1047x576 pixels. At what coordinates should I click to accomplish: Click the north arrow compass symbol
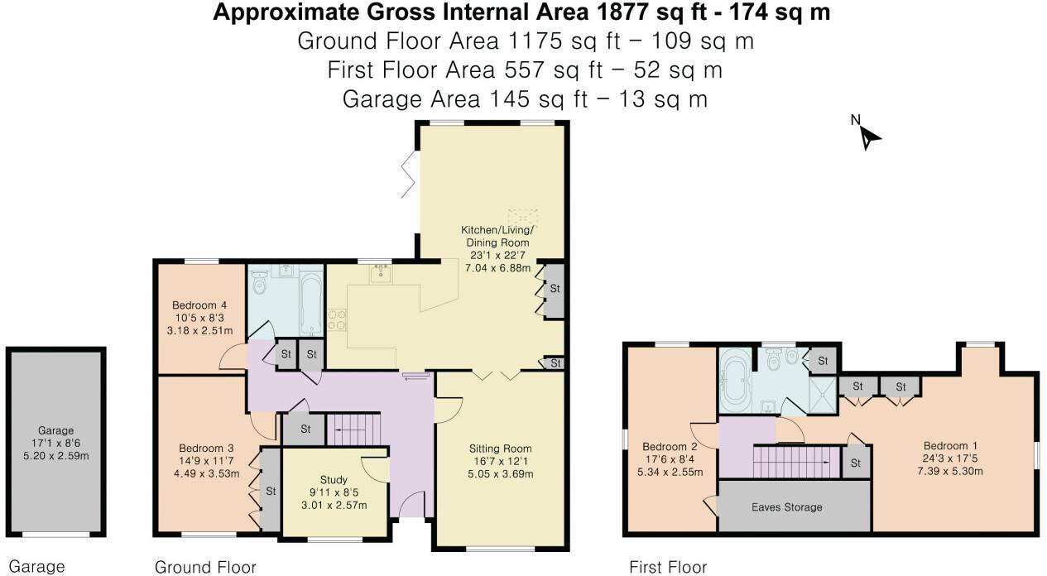(867, 136)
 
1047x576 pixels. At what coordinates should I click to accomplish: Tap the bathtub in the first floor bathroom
(735, 380)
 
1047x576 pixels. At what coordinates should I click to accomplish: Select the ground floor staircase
(353, 430)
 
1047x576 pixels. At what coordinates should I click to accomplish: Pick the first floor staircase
(795, 462)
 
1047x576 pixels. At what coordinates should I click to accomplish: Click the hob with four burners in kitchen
(338, 319)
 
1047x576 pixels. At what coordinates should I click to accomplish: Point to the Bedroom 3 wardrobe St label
(271, 491)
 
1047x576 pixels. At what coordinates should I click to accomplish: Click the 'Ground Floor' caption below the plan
(205, 567)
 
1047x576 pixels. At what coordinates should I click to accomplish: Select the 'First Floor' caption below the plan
(668, 567)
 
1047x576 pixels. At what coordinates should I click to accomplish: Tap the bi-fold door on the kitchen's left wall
(409, 177)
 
